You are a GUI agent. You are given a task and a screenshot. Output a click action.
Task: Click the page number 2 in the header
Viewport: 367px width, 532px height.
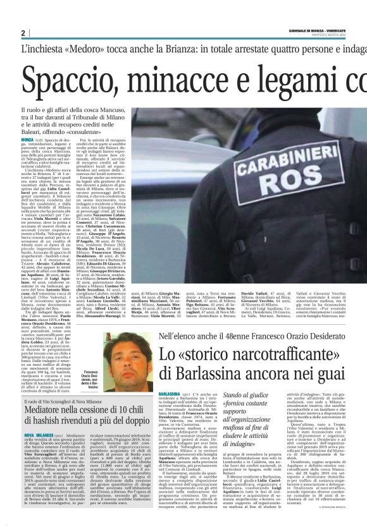23,33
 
